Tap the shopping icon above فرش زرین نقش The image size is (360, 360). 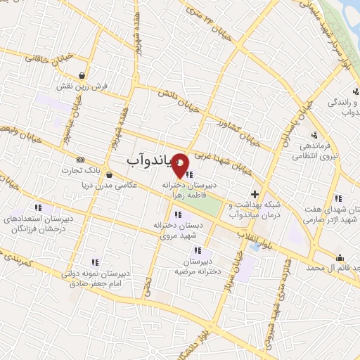[x=83, y=75]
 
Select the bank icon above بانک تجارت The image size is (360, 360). [x=79, y=160]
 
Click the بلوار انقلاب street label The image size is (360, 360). [x=257, y=239]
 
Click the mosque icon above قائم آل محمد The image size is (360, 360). [x=341, y=257]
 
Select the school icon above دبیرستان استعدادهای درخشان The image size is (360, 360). [x=38, y=207]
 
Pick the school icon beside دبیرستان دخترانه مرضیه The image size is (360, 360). [x=198, y=250]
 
